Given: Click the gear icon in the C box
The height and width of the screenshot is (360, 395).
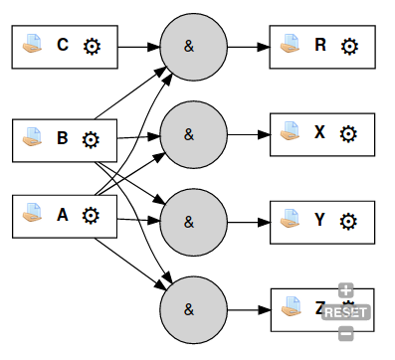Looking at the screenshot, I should pos(93,46).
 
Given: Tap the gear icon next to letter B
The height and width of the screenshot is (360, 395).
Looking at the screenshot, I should pos(91,138).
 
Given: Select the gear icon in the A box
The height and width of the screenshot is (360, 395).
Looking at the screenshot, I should pos(91,215).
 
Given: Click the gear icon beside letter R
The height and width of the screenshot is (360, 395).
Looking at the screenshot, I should pos(348,46).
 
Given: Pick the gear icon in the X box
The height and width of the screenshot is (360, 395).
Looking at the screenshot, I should pos(348,133).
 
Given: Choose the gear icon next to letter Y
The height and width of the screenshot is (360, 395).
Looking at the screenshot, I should pos(348,220).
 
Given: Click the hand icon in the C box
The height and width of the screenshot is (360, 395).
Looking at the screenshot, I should pos(34,46).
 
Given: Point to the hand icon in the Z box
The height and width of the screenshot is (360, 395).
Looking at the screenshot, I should pos(292,309).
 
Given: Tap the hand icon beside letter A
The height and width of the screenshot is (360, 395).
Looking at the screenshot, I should pos(34,215).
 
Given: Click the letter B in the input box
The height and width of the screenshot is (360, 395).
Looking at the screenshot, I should pos(63,138).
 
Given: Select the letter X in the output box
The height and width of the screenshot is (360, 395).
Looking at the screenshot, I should pos(320,133).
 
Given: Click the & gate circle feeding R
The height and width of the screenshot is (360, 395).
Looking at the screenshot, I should pos(190,46).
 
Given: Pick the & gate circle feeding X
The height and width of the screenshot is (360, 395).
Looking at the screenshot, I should pos(190,132).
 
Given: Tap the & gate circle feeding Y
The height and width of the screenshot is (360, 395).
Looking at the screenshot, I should pos(190,220).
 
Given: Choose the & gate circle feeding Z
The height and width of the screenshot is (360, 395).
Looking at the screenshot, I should pos(190,308).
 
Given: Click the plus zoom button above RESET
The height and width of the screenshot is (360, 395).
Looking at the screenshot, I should pos(345,291).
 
